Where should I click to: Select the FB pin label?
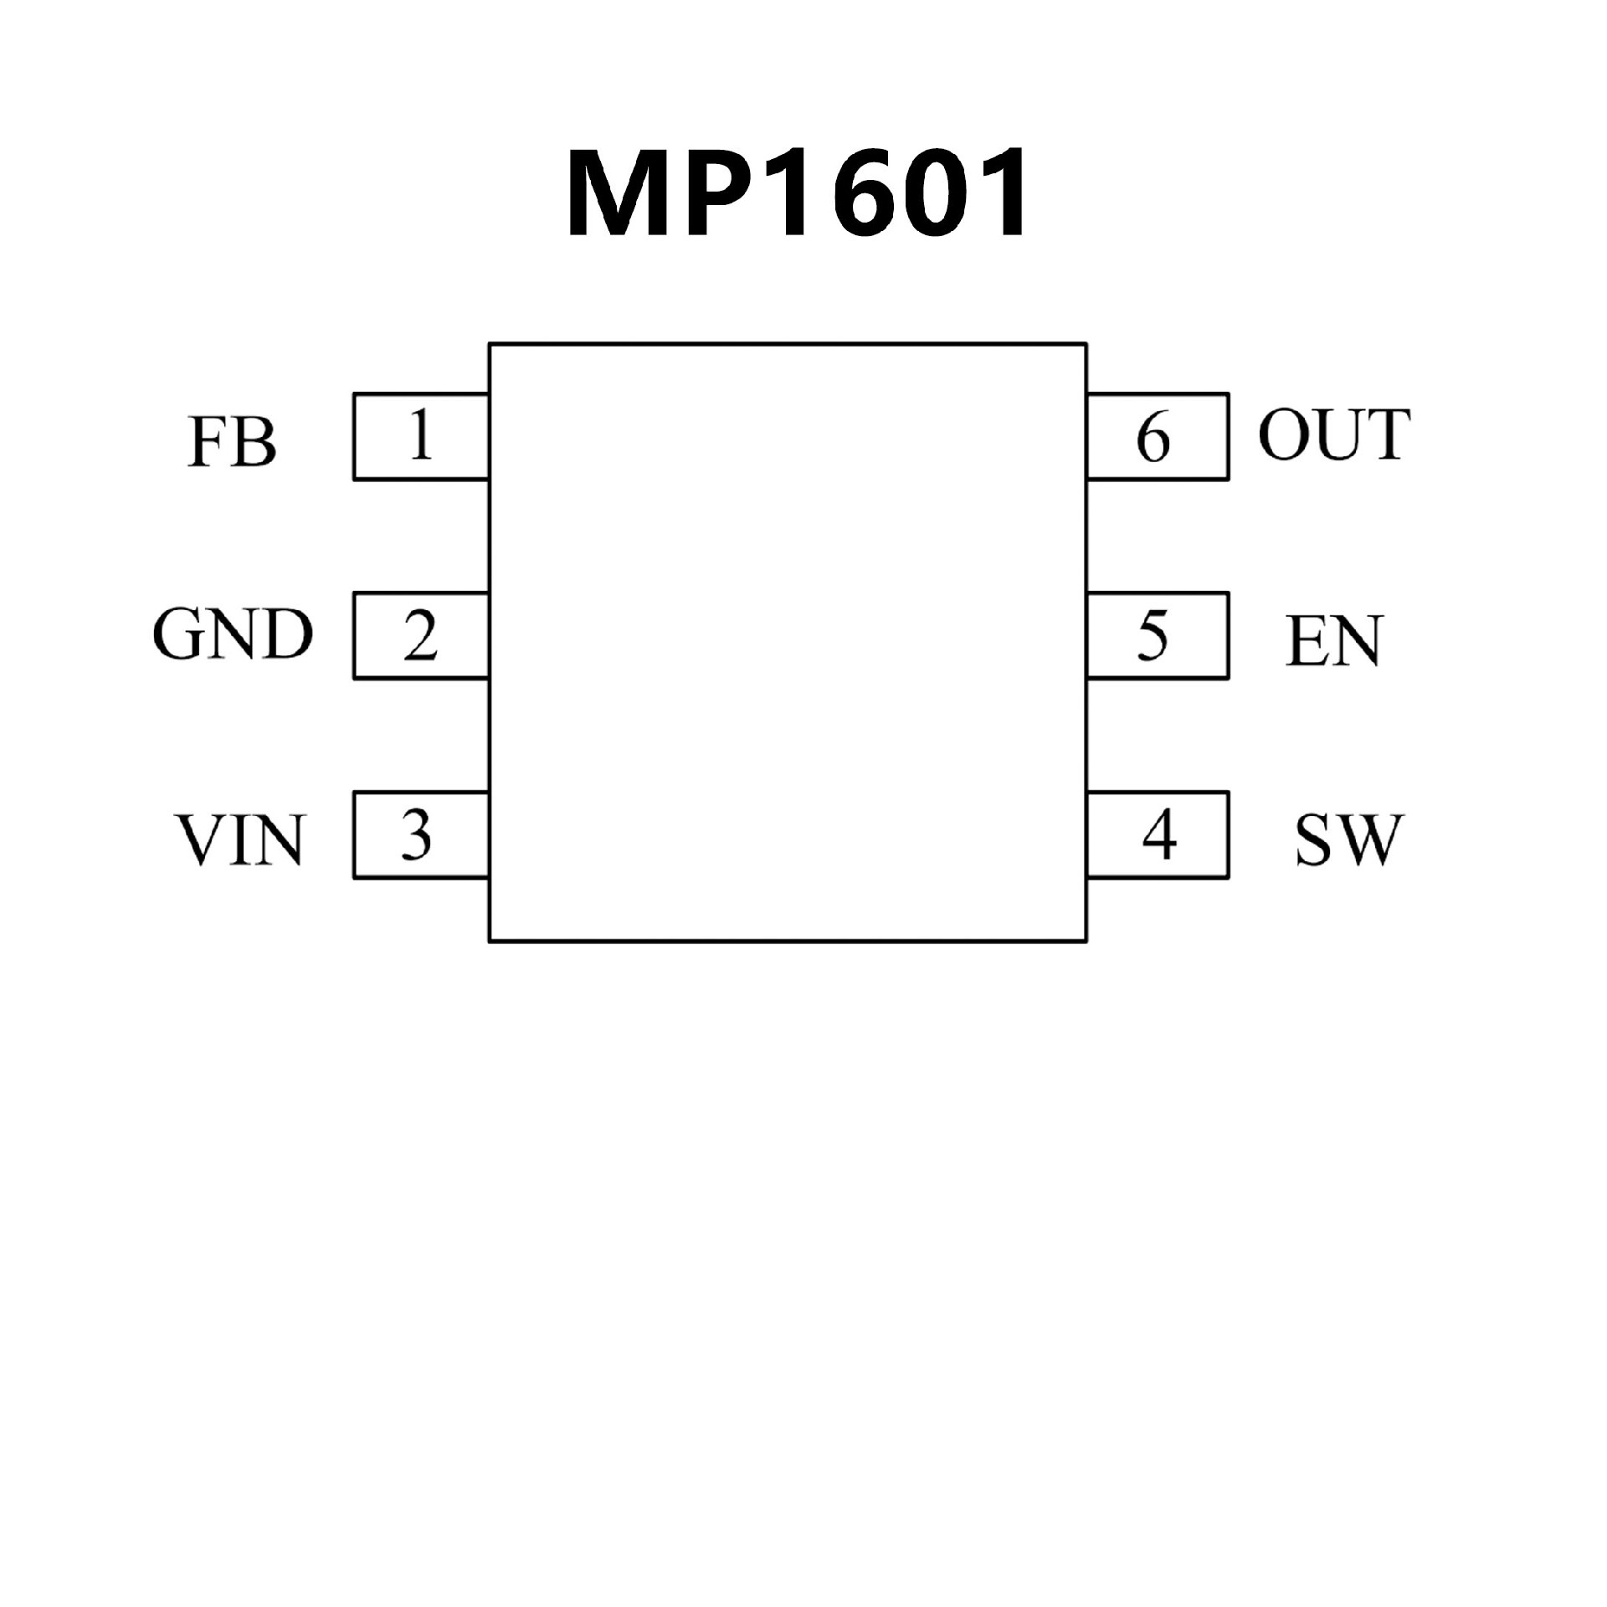click(x=232, y=441)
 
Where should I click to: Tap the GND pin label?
click(x=232, y=634)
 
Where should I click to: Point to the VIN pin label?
click(x=239, y=839)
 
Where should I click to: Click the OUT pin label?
click(x=1334, y=435)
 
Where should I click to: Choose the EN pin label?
click(x=1333, y=641)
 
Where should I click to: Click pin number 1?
click(x=420, y=435)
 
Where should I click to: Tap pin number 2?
click(x=420, y=636)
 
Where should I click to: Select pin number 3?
click(x=416, y=834)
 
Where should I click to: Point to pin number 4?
click(x=1159, y=834)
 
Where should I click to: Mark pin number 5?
click(x=1153, y=636)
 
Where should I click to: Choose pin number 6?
click(x=1153, y=438)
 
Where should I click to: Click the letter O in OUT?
click(x=1285, y=435)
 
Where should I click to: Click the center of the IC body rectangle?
click(x=788, y=642)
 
